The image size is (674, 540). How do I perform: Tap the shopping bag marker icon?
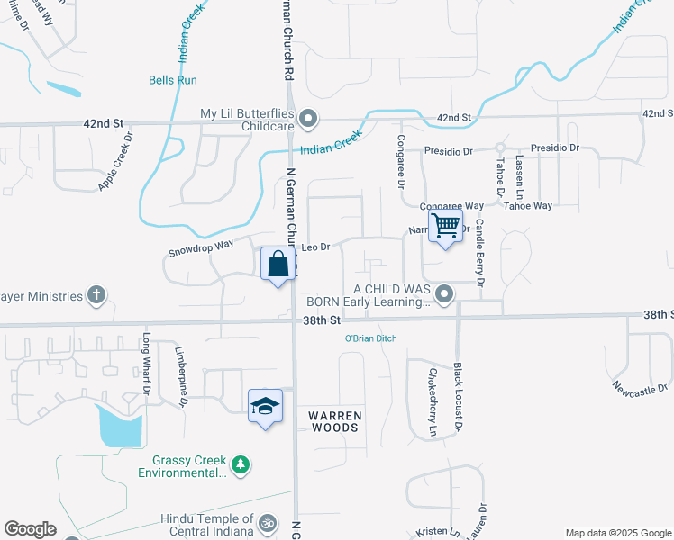[x=278, y=265]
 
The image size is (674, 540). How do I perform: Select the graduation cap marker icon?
[x=265, y=406]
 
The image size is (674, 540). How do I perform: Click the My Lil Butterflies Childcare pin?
[x=308, y=119]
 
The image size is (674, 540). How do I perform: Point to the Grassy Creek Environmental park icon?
[x=240, y=464]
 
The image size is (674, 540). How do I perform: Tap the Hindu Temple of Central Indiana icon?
[x=267, y=523]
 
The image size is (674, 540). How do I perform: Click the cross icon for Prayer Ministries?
[x=96, y=295]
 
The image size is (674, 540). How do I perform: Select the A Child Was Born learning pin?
[x=443, y=294]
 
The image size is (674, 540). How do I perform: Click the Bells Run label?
[x=173, y=80]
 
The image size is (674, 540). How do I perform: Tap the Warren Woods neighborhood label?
[x=335, y=421]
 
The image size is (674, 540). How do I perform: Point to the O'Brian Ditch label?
[x=370, y=338]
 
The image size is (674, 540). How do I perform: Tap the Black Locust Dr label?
[x=458, y=395]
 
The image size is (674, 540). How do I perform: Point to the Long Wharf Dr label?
[x=145, y=364]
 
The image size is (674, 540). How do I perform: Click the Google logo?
[x=31, y=529]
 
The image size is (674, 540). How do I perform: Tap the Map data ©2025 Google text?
[x=617, y=533]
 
